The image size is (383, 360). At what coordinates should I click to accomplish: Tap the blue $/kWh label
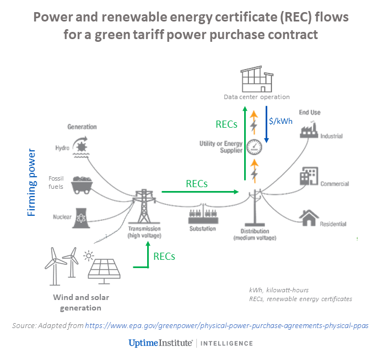point(281,121)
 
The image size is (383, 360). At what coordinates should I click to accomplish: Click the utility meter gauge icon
point(254,147)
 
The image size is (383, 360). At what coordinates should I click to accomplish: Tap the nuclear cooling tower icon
point(82,216)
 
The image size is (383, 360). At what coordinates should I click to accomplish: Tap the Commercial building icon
point(308,177)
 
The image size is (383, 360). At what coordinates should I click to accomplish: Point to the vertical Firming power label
point(32,181)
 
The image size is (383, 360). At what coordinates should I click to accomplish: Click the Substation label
point(203,228)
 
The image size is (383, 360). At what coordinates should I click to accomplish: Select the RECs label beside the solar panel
point(164,256)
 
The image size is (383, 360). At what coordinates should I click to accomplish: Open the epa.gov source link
point(226,326)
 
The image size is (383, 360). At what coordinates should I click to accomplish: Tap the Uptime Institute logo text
point(160,343)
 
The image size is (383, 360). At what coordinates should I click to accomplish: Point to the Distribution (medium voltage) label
point(255,234)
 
